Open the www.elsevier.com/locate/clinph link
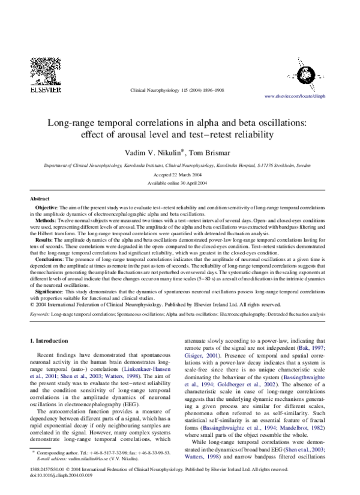click(x=303, y=96)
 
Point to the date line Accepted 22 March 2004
click(x=179, y=175)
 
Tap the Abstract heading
click(x=40, y=199)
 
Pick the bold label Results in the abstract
click(x=46, y=239)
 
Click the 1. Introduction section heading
click(x=51, y=341)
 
